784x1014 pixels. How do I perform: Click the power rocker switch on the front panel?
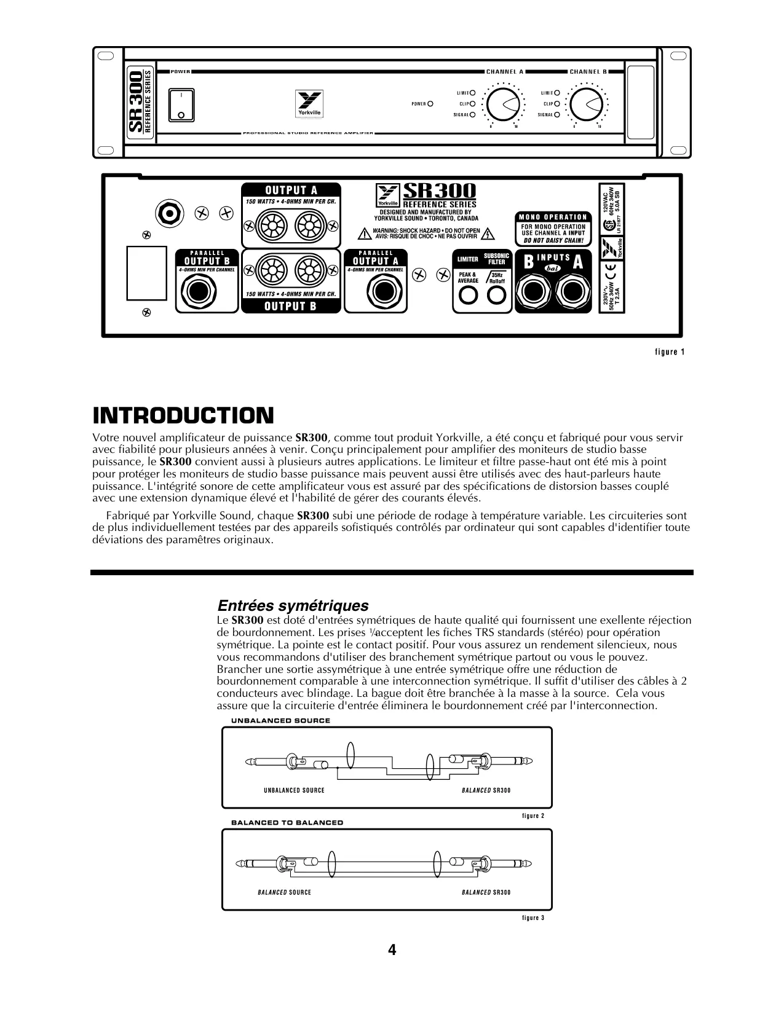pos(181,105)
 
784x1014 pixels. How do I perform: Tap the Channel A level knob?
pos(503,104)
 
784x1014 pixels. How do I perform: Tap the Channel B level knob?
pos(587,104)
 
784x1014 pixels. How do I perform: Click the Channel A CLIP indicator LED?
pos(473,104)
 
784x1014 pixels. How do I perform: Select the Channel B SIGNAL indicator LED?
pos(557,114)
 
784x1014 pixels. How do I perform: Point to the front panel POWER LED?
pos(430,104)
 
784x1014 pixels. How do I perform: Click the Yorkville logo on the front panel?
pos(306,104)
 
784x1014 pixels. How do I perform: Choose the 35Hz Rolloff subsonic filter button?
pos(496,296)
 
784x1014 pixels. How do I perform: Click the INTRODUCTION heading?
pos(183,416)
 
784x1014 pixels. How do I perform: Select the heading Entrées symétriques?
pos(293,606)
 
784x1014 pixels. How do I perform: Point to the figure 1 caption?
pos(670,352)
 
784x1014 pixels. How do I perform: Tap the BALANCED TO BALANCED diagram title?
pos(287,822)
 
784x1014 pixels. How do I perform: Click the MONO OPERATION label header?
pos(552,217)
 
